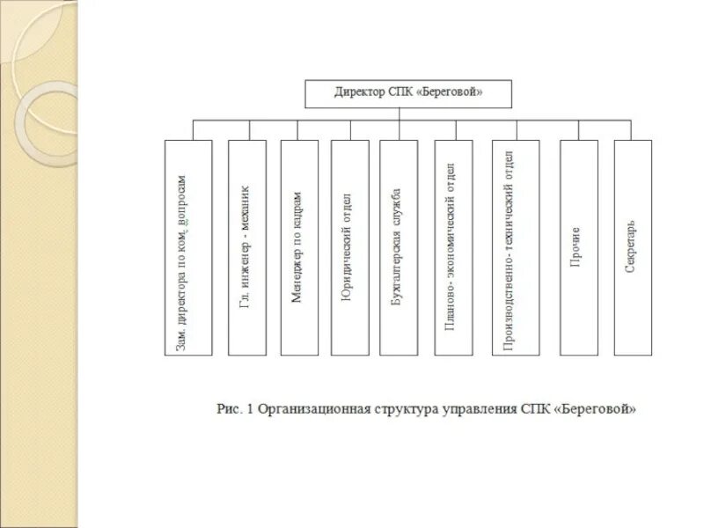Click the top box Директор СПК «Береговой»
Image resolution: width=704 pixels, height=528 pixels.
(x=407, y=93)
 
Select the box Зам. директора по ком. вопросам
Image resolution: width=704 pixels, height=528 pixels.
(x=188, y=247)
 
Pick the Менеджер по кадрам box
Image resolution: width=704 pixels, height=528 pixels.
(x=299, y=247)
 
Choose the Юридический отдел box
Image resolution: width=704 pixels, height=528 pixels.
(x=349, y=247)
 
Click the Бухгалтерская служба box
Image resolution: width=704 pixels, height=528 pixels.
(x=399, y=247)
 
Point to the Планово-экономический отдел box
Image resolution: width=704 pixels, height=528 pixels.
(x=452, y=247)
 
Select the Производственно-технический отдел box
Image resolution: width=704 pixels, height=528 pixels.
(x=516, y=247)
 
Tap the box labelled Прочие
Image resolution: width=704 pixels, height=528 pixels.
(x=578, y=247)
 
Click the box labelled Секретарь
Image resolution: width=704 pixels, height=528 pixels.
(x=633, y=247)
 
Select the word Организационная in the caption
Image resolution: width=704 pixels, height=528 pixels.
(x=309, y=409)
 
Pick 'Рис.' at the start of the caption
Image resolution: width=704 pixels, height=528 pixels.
(x=229, y=409)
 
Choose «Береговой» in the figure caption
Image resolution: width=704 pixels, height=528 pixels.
(x=597, y=409)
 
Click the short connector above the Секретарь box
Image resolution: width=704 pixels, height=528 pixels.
(x=633, y=129)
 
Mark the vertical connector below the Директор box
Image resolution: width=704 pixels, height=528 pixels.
(x=400, y=114)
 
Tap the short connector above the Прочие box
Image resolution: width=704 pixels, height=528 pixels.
(x=578, y=129)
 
